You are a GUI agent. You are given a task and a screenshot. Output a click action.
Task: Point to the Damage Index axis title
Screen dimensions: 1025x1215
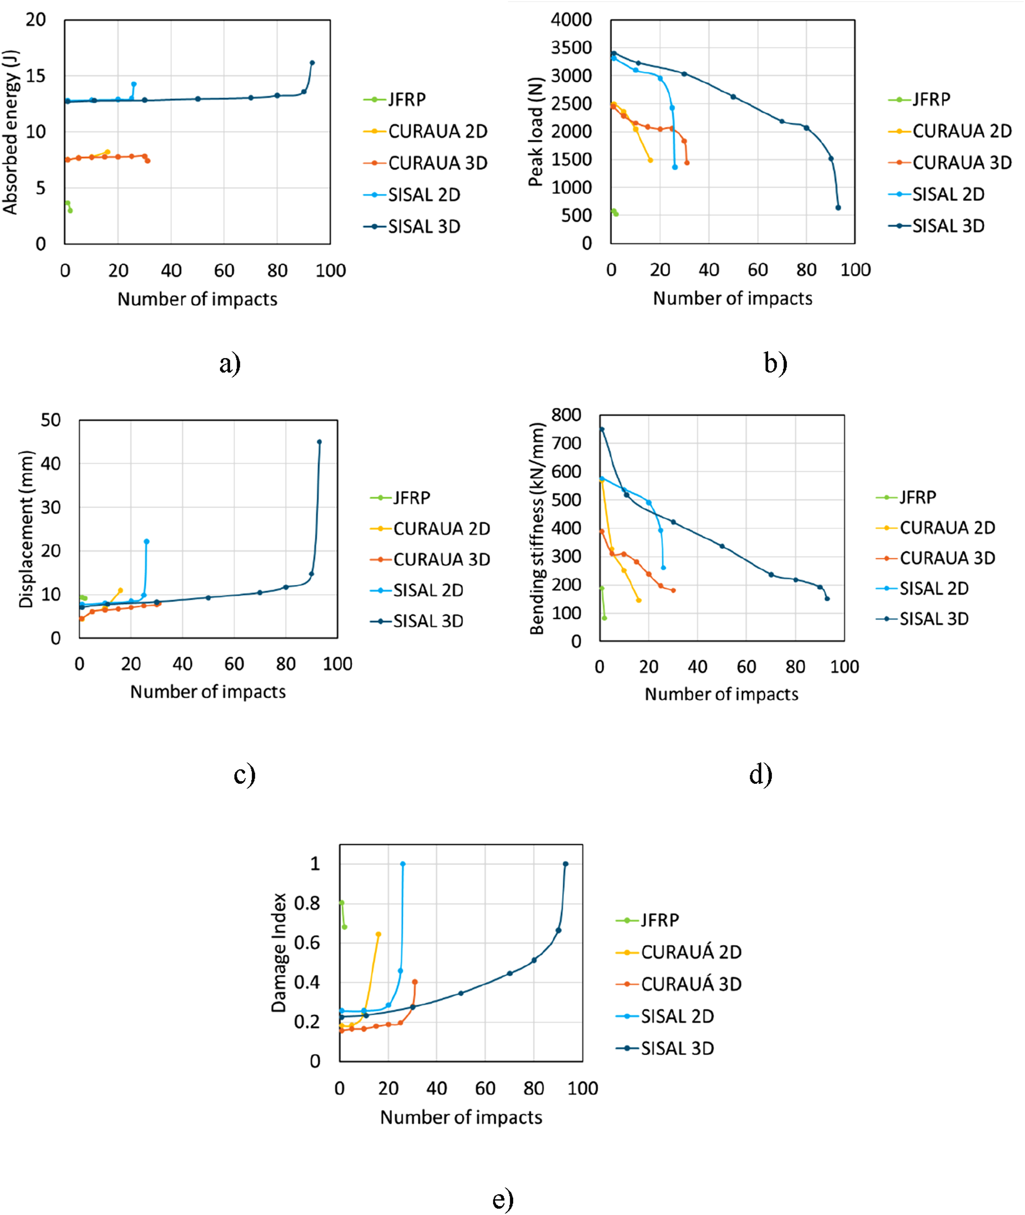[x=279, y=953]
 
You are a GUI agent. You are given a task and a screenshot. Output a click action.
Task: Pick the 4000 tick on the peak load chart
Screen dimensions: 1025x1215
[x=571, y=20]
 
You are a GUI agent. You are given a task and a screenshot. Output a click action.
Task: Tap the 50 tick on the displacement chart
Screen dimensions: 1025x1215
[x=51, y=420]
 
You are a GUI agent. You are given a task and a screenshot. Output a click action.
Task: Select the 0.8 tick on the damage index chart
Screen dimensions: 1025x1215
[x=307, y=903]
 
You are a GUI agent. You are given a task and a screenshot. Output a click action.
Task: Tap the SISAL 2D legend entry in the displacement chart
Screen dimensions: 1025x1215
[x=417, y=590]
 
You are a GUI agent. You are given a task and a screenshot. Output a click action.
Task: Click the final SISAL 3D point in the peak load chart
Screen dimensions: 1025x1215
[x=838, y=207]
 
